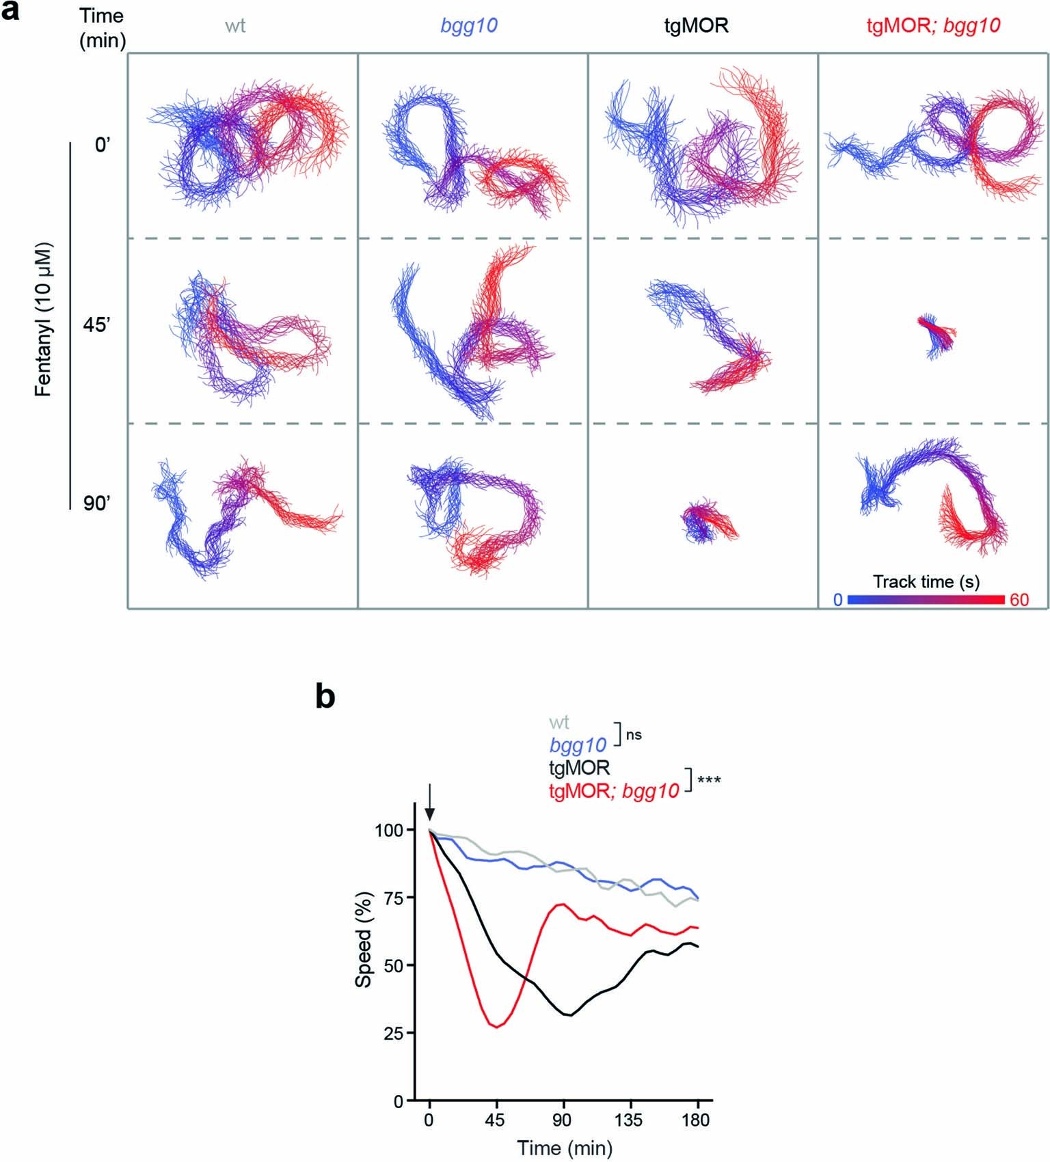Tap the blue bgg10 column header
[468, 26]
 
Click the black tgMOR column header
[696, 26]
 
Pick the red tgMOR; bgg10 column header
[933, 26]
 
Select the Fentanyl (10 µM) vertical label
[44, 319]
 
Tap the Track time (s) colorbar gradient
[926, 600]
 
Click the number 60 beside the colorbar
[1019, 600]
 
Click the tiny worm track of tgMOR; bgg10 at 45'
[936, 335]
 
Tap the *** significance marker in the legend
[709, 780]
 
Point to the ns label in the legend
[634, 735]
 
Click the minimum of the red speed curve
[497, 1027]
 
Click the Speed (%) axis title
[364, 939]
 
